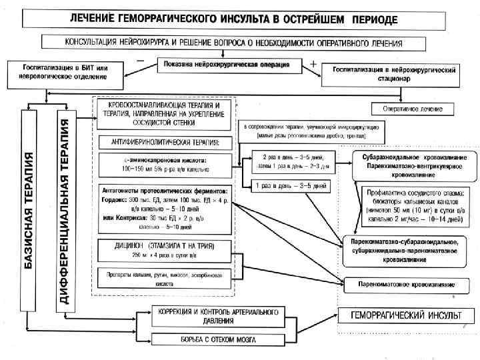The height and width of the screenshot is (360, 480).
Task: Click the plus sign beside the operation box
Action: [x=313, y=62]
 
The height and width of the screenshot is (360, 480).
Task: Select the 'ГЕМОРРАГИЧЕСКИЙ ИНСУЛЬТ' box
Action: [x=399, y=315]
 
